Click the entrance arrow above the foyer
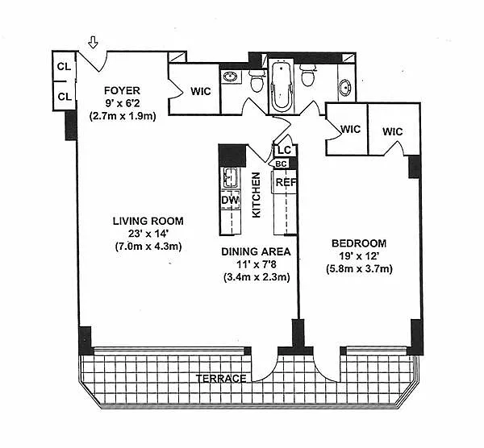93,42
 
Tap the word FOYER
123,91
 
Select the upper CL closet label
65,67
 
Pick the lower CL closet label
65,97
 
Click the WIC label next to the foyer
201,91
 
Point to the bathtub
282,85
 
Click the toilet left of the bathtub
257,81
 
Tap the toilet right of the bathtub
307,75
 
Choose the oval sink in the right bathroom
345,87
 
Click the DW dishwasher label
230,200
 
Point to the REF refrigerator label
286,182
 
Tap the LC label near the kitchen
285,150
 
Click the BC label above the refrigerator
281,164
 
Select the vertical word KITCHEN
257,195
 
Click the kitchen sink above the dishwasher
230,177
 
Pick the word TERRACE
221,379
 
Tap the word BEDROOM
359,243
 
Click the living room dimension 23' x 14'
148,234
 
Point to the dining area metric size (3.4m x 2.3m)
257,277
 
